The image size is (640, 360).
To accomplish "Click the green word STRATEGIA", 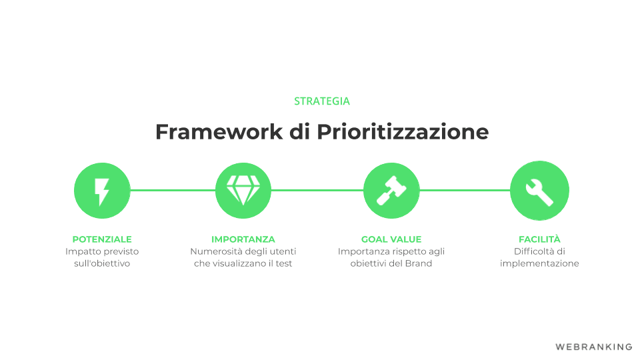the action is click(x=321, y=101).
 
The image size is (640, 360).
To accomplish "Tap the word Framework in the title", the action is click(x=219, y=132).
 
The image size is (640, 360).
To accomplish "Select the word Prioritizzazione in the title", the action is click(x=403, y=132).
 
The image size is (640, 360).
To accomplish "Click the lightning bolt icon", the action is click(x=102, y=191).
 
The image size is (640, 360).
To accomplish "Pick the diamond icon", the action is click(x=243, y=190).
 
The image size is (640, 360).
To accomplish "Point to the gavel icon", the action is click(x=391, y=190).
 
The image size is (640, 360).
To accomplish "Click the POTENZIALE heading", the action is click(x=102, y=239).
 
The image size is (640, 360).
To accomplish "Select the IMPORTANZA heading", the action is click(x=243, y=239).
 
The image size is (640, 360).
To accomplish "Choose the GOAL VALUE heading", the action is click(x=391, y=239).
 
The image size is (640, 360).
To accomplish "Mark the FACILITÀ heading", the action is click(x=539, y=239).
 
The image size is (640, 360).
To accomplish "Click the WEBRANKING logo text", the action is click(x=594, y=347).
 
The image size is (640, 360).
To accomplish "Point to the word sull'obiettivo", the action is click(x=102, y=263).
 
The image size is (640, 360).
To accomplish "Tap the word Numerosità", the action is click(x=216, y=251).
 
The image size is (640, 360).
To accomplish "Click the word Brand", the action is click(x=419, y=263).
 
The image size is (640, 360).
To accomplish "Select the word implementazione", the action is click(x=539, y=264).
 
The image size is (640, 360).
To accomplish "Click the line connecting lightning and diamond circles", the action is click(x=173, y=190).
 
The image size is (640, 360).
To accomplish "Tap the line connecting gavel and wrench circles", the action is click(x=465, y=190).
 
